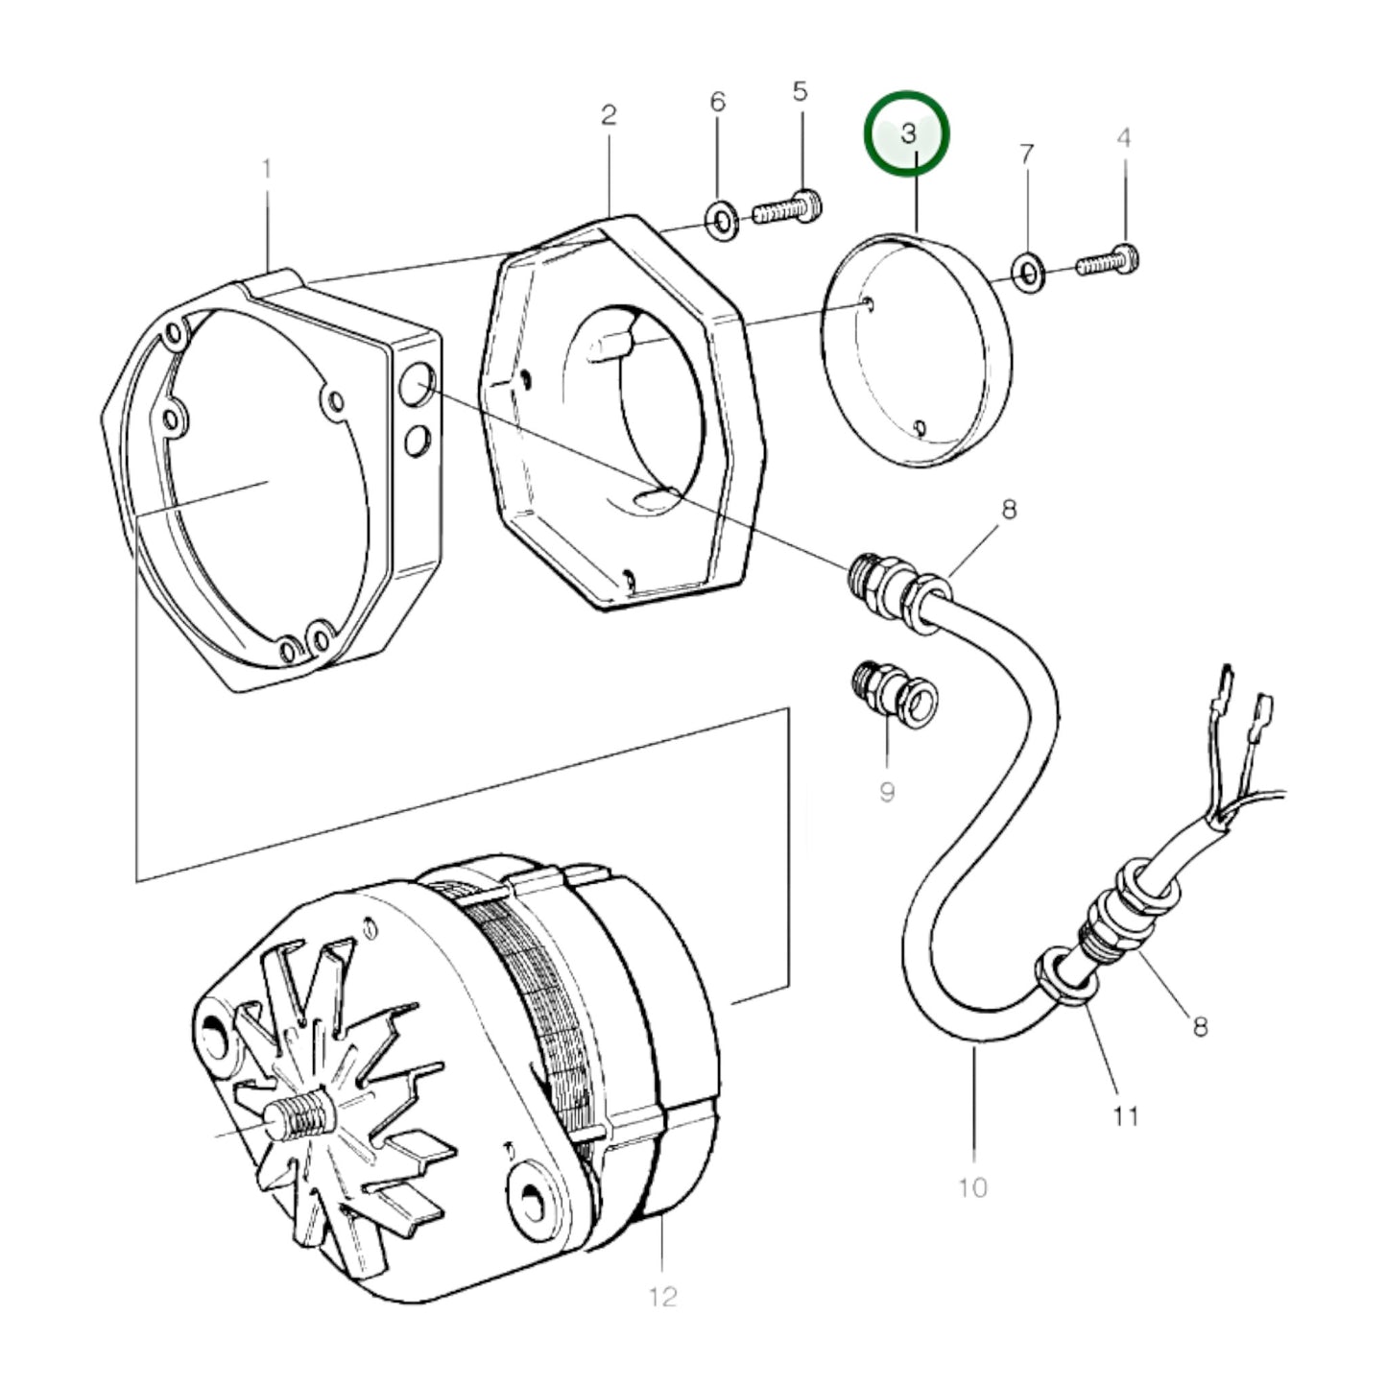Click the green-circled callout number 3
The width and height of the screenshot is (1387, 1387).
click(x=908, y=133)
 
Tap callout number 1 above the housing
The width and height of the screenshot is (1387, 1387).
click(x=267, y=169)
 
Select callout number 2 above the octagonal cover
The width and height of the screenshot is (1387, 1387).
click(x=609, y=115)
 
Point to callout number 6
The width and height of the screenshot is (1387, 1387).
click(x=718, y=102)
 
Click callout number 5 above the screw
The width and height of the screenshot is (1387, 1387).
click(x=801, y=91)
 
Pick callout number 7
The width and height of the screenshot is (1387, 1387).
click(x=1026, y=154)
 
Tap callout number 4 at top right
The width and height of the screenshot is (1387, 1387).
click(x=1124, y=137)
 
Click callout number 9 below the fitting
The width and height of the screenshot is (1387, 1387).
click(x=887, y=792)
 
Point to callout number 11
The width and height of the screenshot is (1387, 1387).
click(x=1127, y=1116)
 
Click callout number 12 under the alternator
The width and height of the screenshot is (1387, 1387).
click(x=663, y=1297)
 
